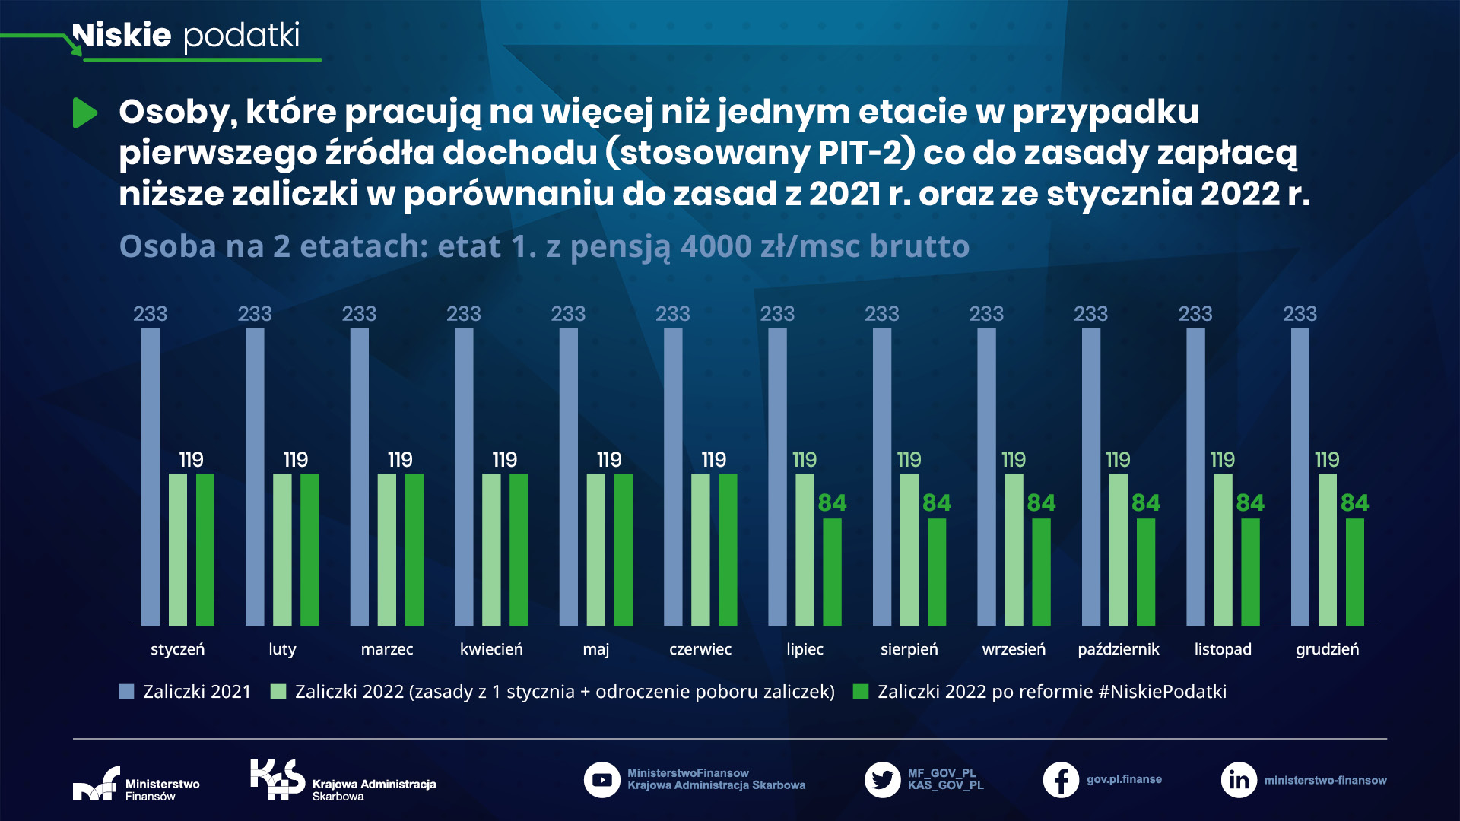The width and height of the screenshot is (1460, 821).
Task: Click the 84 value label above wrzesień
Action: point(1041,502)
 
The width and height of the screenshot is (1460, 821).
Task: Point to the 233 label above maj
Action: point(568,313)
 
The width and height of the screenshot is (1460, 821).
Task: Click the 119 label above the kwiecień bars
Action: point(504,459)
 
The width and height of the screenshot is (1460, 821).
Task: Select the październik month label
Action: point(1118,649)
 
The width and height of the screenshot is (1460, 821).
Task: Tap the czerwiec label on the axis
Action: point(700,649)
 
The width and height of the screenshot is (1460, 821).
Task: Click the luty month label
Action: point(282,649)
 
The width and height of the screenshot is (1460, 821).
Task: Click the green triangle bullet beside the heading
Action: point(84,113)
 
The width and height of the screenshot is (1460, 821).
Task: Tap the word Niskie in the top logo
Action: point(122,35)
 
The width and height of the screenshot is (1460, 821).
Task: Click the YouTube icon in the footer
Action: point(601,780)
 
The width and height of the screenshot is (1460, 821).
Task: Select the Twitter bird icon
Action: point(882,780)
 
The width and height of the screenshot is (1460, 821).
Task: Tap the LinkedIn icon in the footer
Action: point(1238,780)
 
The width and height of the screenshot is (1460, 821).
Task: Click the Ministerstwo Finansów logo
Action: point(135,784)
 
